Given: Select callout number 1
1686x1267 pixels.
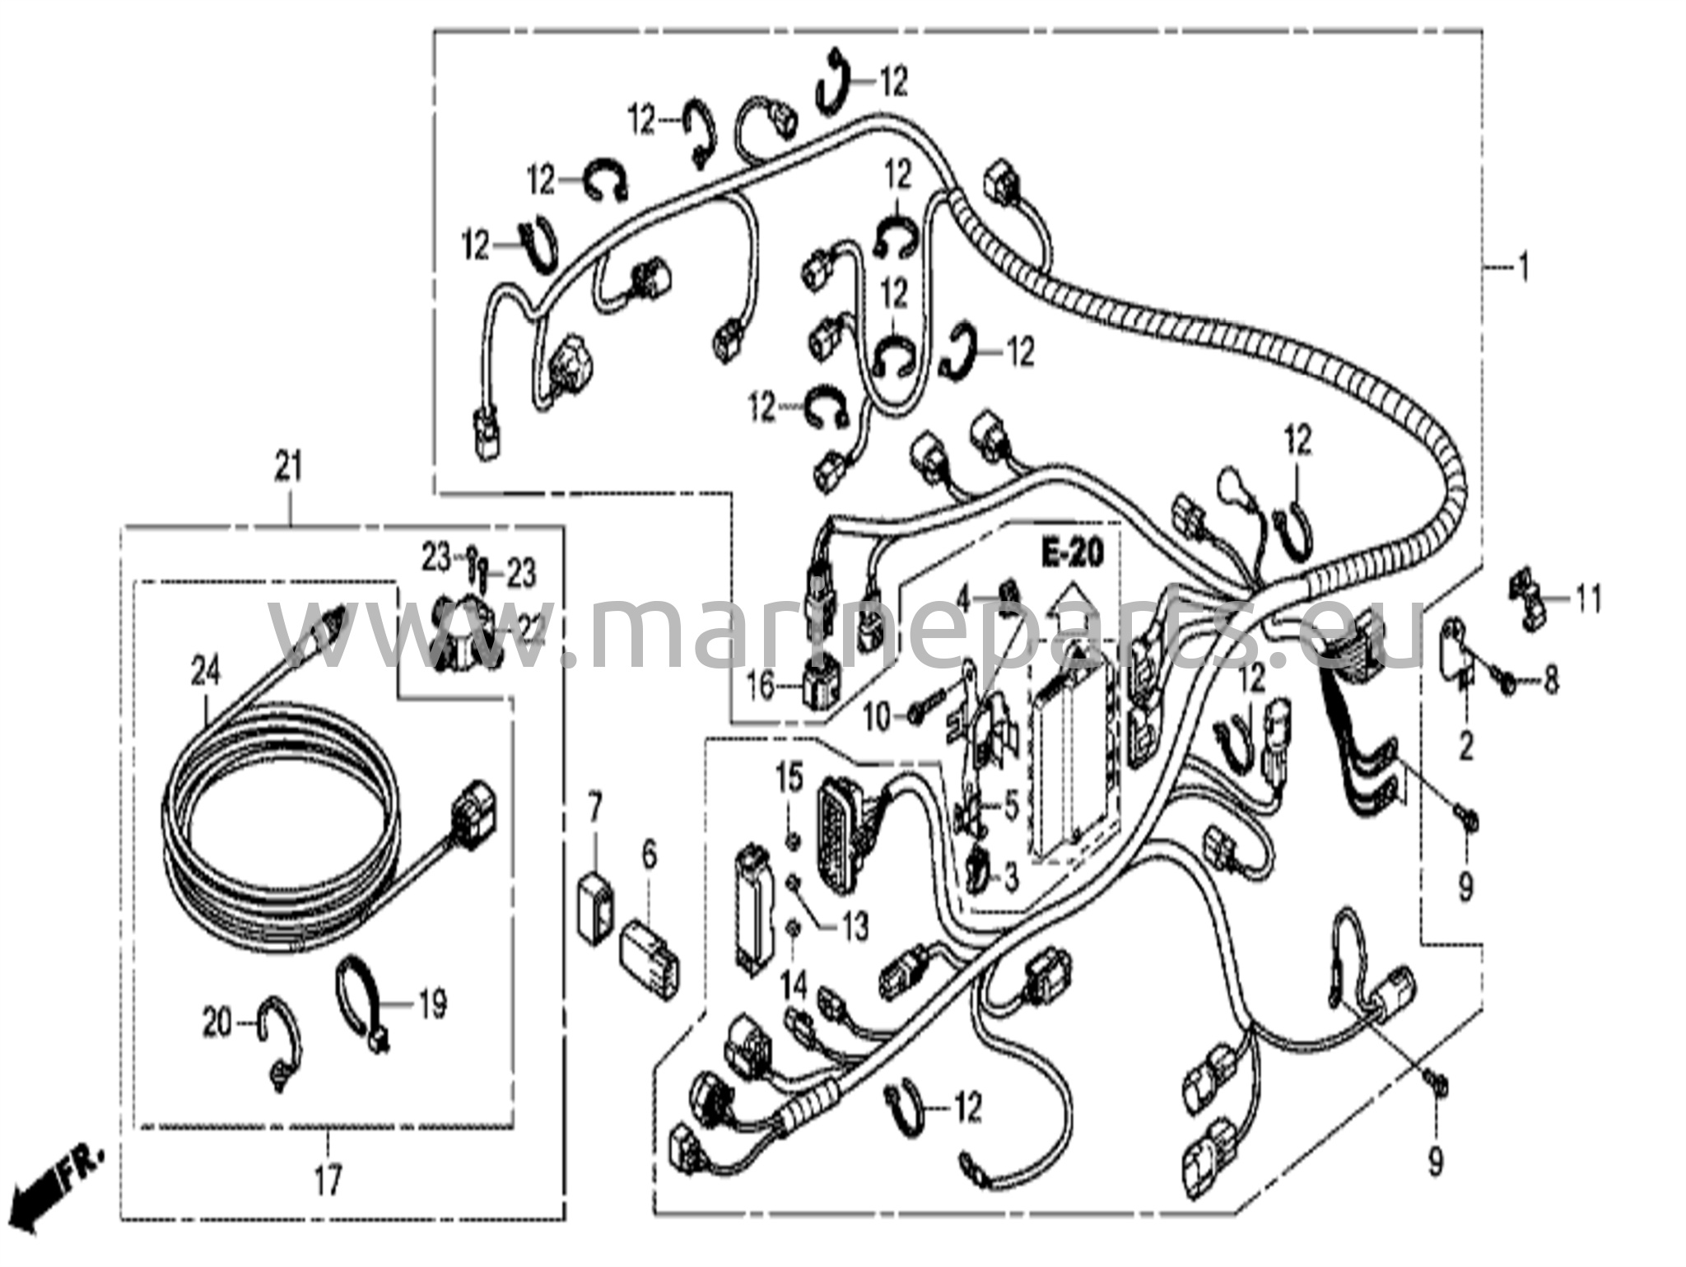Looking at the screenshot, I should tap(1523, 268).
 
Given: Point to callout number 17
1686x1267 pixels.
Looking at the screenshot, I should tap(327, 1183).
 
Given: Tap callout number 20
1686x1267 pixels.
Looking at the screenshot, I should tap(218, 1024).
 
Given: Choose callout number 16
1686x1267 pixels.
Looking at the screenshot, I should tap(761, 685).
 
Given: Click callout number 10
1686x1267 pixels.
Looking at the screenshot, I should tap(878, 717).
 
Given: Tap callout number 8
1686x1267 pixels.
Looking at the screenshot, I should tap(1550, 681).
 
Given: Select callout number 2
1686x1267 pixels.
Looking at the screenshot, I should tap(1465, 748).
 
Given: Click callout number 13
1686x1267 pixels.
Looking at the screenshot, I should tap(855, 927).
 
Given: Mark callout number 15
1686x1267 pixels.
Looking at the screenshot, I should tap(789, 778).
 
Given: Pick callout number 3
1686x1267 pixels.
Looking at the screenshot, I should tap(1010, 878).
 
